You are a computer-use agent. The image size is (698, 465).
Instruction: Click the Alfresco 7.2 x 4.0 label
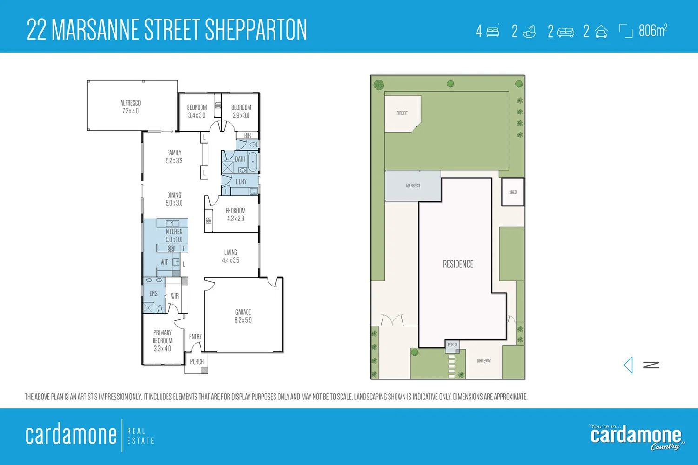pyautogui.click(x=130, y=107)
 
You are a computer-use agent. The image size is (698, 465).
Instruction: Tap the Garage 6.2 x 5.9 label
pyautogui.click(x=243, y=316)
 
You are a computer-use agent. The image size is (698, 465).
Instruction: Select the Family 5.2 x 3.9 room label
pyautogui.click(x=174, y=157)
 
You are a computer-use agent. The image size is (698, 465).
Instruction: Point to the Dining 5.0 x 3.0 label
pyautogui.click(x=174, y=199)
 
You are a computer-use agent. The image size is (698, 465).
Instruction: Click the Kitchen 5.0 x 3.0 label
pyautogui.click(x=174, y=235)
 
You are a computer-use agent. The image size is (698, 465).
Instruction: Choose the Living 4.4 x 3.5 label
pyautogui.click(x=230, y=256)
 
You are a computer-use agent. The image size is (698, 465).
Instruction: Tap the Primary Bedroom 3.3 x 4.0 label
pyautogui.click(x=162, y=340)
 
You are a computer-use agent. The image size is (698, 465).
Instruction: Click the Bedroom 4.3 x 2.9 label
pyautogui.click(x=235, y=214)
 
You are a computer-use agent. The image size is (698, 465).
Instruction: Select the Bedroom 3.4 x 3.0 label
pyautogui.click(x=197, y=111)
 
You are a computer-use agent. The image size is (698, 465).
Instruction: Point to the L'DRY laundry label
pyautogui.click(x=241, y=182)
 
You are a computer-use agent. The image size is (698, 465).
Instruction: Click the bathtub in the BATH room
pyautogui.click(x=253, y=162)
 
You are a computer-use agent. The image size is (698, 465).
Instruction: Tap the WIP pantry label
pyautogui.click(x=164, y=262)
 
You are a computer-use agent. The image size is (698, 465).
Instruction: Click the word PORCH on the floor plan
pyautogui.click(x=197, y=361)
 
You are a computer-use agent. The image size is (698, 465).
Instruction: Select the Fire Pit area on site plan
pyautogui.click(x=402, y=113)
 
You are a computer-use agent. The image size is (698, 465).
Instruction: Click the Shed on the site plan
pyautogui.click(x=513, y=192)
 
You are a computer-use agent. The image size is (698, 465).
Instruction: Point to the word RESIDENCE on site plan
pyautogui.click(x=458, y=264)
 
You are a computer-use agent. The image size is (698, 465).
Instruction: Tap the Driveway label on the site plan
pyautogui.click(x=484, y=361)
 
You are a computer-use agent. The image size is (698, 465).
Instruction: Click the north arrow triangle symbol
pyautogui.click(x=629, y=365)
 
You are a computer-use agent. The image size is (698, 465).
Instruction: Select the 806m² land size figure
pyautogui.click(x=653, y=31)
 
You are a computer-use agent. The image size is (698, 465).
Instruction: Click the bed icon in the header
pyautogui.click(x=493, y=32)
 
